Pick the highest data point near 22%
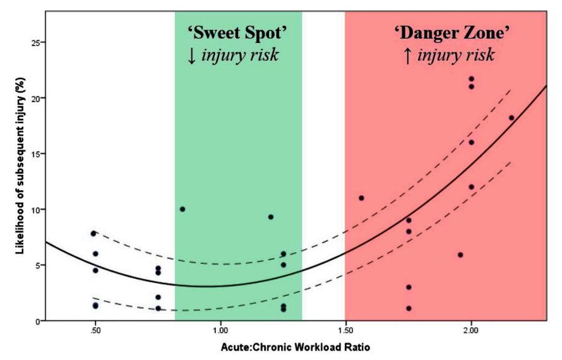[471, 79]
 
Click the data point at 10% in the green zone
[182, 209]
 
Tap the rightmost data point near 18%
[511, 117]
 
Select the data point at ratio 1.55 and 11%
[361, 198]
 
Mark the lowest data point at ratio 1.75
[409, 309]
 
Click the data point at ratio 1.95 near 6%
[460, 255]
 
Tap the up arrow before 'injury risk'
[407, 56]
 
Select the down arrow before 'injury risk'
[192, 56]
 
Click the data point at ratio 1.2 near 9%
[271, 217]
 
